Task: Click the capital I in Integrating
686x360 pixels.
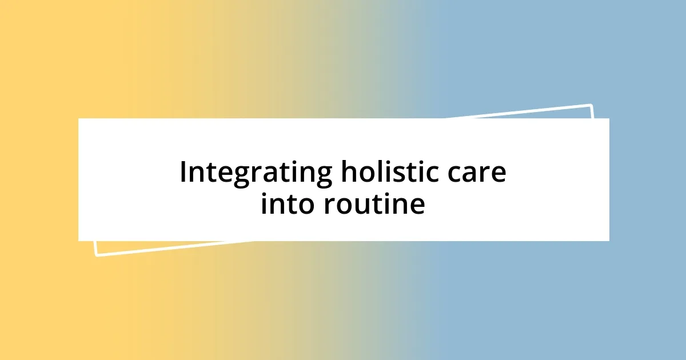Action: tap(184, 172)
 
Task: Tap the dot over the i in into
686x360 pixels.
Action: tap(265, 193)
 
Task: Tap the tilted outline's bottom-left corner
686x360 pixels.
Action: tap(96, 255)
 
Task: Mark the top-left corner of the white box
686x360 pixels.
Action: tap(79, 119)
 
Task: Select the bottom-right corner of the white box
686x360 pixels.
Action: tap(609, 241)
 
